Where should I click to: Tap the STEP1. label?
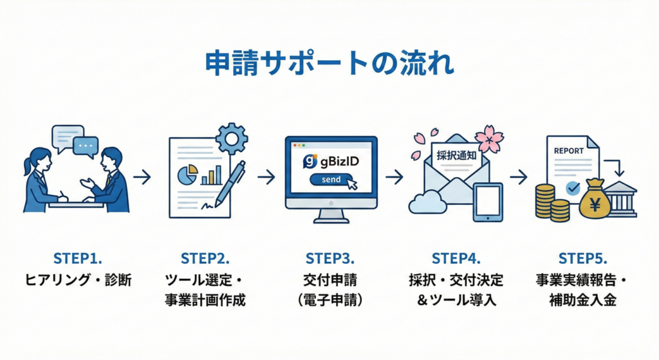[x=77, y=259]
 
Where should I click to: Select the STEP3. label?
[x=329, y=259]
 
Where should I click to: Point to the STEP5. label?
[x=582, y=259]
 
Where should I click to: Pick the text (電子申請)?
[x=329, y=299]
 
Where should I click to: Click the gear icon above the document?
[x=232, y=137]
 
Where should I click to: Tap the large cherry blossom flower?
[x=490, y=138]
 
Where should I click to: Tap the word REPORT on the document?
[x=568, y=151]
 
